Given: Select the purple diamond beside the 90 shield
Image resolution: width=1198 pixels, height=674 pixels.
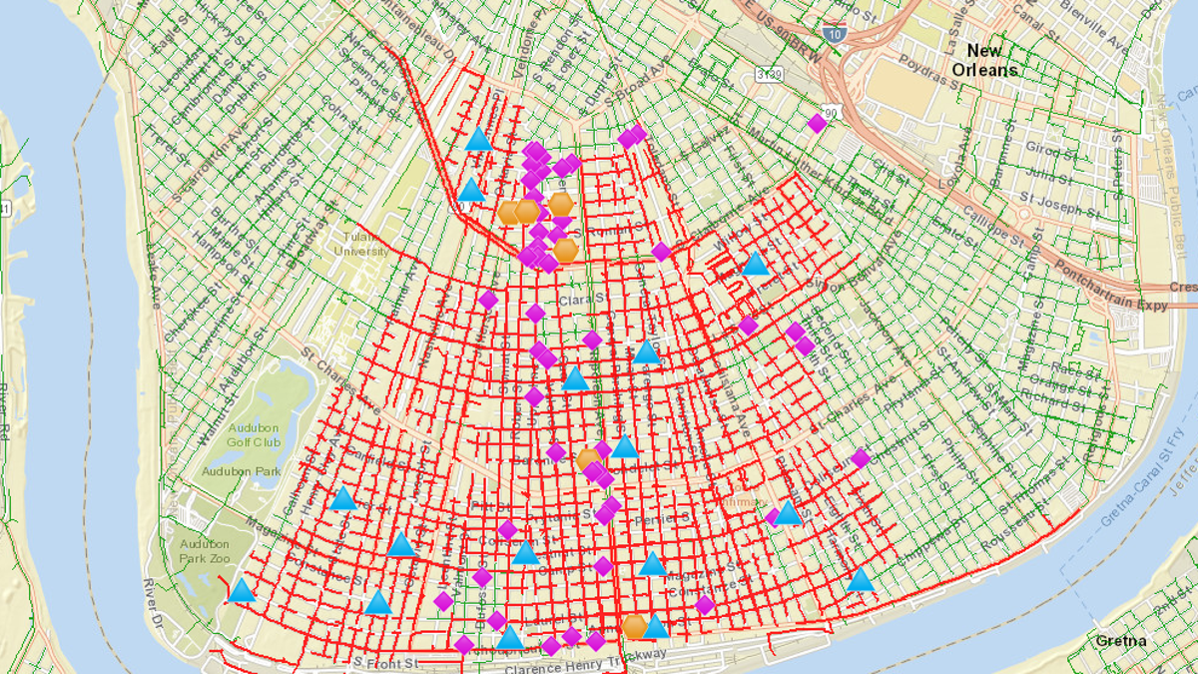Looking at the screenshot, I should (817, 123).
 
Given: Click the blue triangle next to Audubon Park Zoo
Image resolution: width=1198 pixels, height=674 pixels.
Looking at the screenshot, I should (241, 591).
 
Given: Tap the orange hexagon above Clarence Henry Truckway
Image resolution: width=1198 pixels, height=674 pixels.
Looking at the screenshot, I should (634, 627).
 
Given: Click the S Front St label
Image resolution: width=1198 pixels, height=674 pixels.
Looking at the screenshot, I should (385, 661).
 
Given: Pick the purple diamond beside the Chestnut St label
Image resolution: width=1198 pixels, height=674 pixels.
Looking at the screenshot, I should (860, 458).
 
